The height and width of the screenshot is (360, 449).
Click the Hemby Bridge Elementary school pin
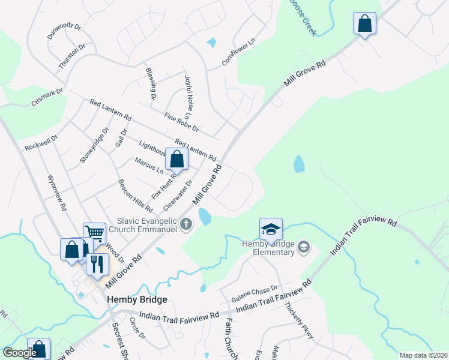(x=271, y=229)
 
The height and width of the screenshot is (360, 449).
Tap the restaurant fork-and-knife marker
(x=97, y=264)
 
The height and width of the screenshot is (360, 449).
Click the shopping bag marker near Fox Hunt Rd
(x=176, y=160)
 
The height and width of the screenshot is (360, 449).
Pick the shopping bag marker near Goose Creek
(x=364, y=24)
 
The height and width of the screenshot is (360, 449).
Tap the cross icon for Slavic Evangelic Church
(x=186, y=225)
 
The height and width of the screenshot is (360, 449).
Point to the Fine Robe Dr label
(x=181, y=122)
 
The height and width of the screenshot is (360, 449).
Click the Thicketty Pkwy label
(x=302, y=327)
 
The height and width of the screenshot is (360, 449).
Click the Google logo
(x=20, y=353)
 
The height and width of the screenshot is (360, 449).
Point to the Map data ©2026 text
(x=423, y=355)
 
